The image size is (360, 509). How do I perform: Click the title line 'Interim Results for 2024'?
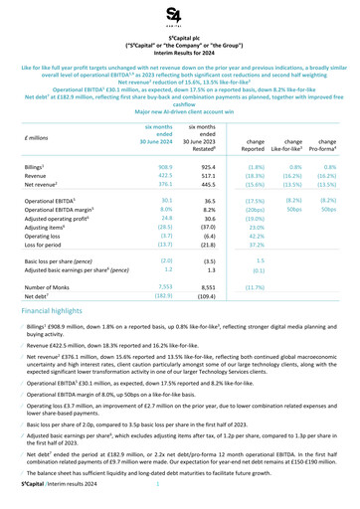point(180,55)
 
